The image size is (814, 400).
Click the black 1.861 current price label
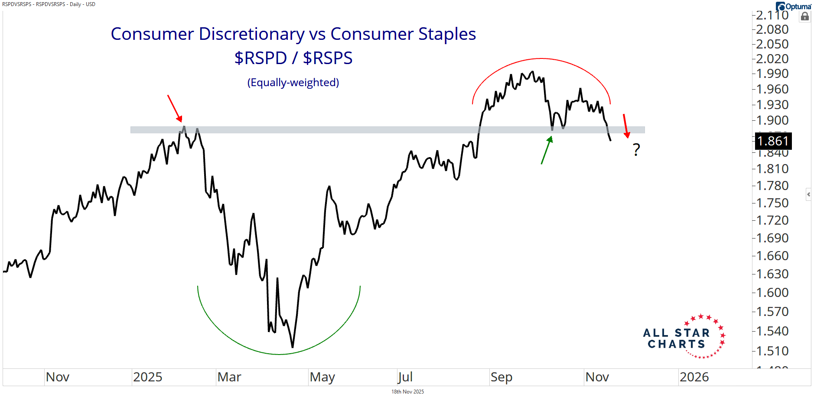[x=773, y=141]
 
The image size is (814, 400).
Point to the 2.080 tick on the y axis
[x=772, y=29]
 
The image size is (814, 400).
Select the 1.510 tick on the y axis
[x=772, y=351]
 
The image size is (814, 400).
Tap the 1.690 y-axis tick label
[x=772, y=238]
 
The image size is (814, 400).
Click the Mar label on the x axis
[x=229, y=377]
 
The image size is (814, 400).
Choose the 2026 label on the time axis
[x=694, y=377]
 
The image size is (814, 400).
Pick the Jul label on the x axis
[x=405, y=377]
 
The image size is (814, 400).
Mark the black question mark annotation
[x=636, y=150]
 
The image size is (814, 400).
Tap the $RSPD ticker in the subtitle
[x=260, y=58]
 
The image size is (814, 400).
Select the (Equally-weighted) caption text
[x=293, y=82]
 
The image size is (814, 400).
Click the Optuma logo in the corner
[x=793, y=6]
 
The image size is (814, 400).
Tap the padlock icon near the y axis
[x=804, y=17]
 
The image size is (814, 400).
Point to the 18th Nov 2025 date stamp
[x=407, y=392]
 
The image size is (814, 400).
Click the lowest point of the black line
[x=293, y=347]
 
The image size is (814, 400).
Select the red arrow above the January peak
[x=175, y=109]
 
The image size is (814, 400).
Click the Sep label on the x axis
[x=501, y=377]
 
